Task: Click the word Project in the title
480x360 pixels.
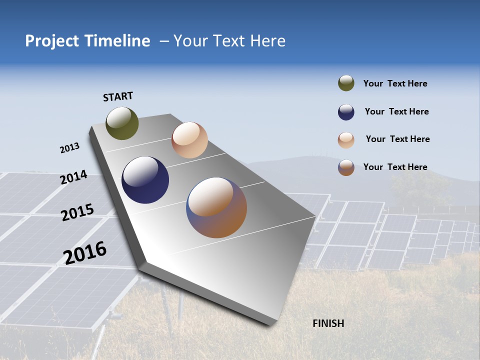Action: point(52,41)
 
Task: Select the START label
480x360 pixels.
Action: point(118,96)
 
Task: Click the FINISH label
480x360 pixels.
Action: point(328,323)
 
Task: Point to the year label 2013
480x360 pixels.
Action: point(69,148)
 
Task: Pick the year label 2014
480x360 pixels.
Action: point(73,177)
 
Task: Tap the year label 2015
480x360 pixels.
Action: point(77,212)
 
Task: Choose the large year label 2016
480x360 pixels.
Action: point(85,253)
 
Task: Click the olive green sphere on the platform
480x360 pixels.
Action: point(122,123)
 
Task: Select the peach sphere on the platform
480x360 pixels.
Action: point(189,140)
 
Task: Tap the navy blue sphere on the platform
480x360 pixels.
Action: point(145,180)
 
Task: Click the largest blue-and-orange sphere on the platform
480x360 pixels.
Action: point(216,207)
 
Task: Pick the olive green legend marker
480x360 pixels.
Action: point(346,83)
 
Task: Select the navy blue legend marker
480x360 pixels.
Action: point(346,112)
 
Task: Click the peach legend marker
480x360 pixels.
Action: point(346,140)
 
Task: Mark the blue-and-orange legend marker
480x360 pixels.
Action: point(346,167)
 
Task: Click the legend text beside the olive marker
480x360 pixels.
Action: point(395,84)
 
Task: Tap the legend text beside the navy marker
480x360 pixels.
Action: point(396,111)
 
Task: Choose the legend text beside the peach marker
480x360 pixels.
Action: point(397,139)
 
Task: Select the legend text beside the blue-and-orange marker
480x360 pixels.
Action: point(395,167)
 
